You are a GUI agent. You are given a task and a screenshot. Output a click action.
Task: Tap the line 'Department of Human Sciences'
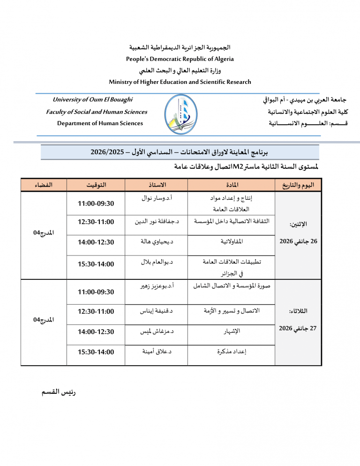coord(100,123)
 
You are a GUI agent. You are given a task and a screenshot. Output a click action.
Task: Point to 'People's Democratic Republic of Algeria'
coord(180,59)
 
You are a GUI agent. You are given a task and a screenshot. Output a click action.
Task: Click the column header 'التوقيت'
coord(96,185)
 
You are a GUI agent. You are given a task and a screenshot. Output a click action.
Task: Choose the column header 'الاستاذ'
coord(156,185)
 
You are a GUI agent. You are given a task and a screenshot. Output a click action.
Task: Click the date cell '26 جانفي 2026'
coord(298,241)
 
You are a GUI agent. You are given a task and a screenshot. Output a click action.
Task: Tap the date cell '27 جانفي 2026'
coord(298,328)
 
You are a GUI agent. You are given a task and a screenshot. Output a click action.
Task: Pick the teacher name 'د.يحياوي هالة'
coord(157,241)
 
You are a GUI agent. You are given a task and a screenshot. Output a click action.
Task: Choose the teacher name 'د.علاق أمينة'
coord(157,351)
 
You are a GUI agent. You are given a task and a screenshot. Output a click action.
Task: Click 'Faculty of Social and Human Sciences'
coord(97,112)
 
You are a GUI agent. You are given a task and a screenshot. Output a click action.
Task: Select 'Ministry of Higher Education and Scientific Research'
coord(180,82)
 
